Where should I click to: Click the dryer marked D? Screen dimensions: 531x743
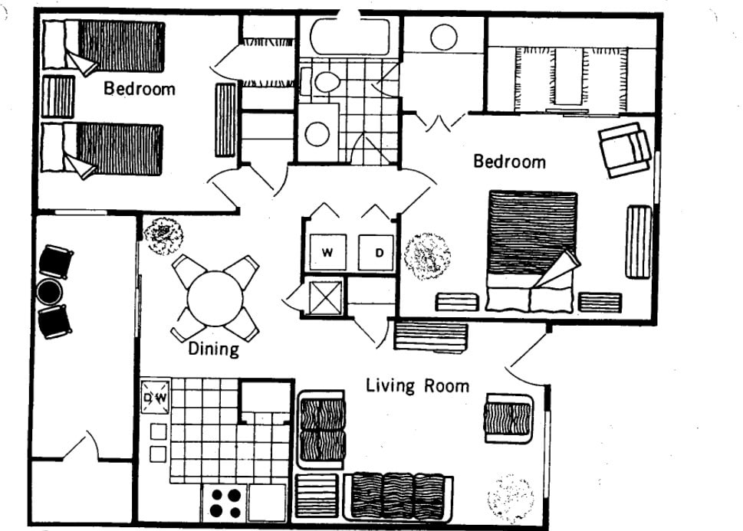tap(379, 253)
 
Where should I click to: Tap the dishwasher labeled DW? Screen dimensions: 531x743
tap(154, 398)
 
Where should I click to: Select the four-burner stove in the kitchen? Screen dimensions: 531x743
tap(225, 503)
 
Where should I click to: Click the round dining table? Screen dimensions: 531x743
tap(215, 297)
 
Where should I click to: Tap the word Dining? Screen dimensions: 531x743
tap(214, 349)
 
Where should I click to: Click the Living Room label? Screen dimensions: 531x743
tap(417, 385)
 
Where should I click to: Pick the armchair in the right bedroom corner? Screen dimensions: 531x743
tap(624, 149)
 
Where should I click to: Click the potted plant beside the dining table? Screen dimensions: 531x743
tap(163, 235)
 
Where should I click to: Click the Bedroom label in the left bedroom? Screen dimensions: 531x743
tap(140, 88)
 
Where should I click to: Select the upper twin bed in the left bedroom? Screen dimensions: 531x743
tap(104, 47)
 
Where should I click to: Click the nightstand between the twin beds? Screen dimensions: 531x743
tap(58, 97)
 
